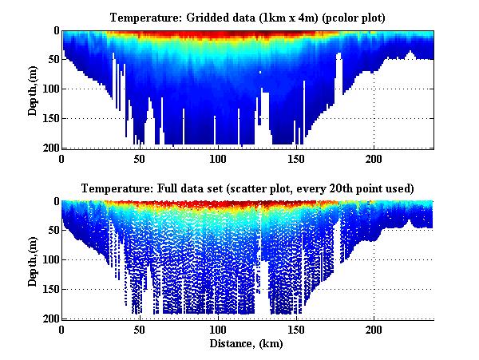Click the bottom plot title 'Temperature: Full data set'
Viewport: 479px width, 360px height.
[247, 189]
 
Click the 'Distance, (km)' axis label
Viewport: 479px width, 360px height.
[247, 345]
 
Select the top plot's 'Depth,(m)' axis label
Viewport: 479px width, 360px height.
[33, 89]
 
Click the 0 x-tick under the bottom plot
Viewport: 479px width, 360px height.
[62, 330]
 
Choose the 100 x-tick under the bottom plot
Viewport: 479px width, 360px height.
[218, 330]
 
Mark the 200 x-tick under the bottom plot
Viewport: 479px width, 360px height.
[374, 330]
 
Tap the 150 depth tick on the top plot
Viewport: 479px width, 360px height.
[49, 119]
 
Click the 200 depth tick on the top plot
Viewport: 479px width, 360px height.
[49, 148]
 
